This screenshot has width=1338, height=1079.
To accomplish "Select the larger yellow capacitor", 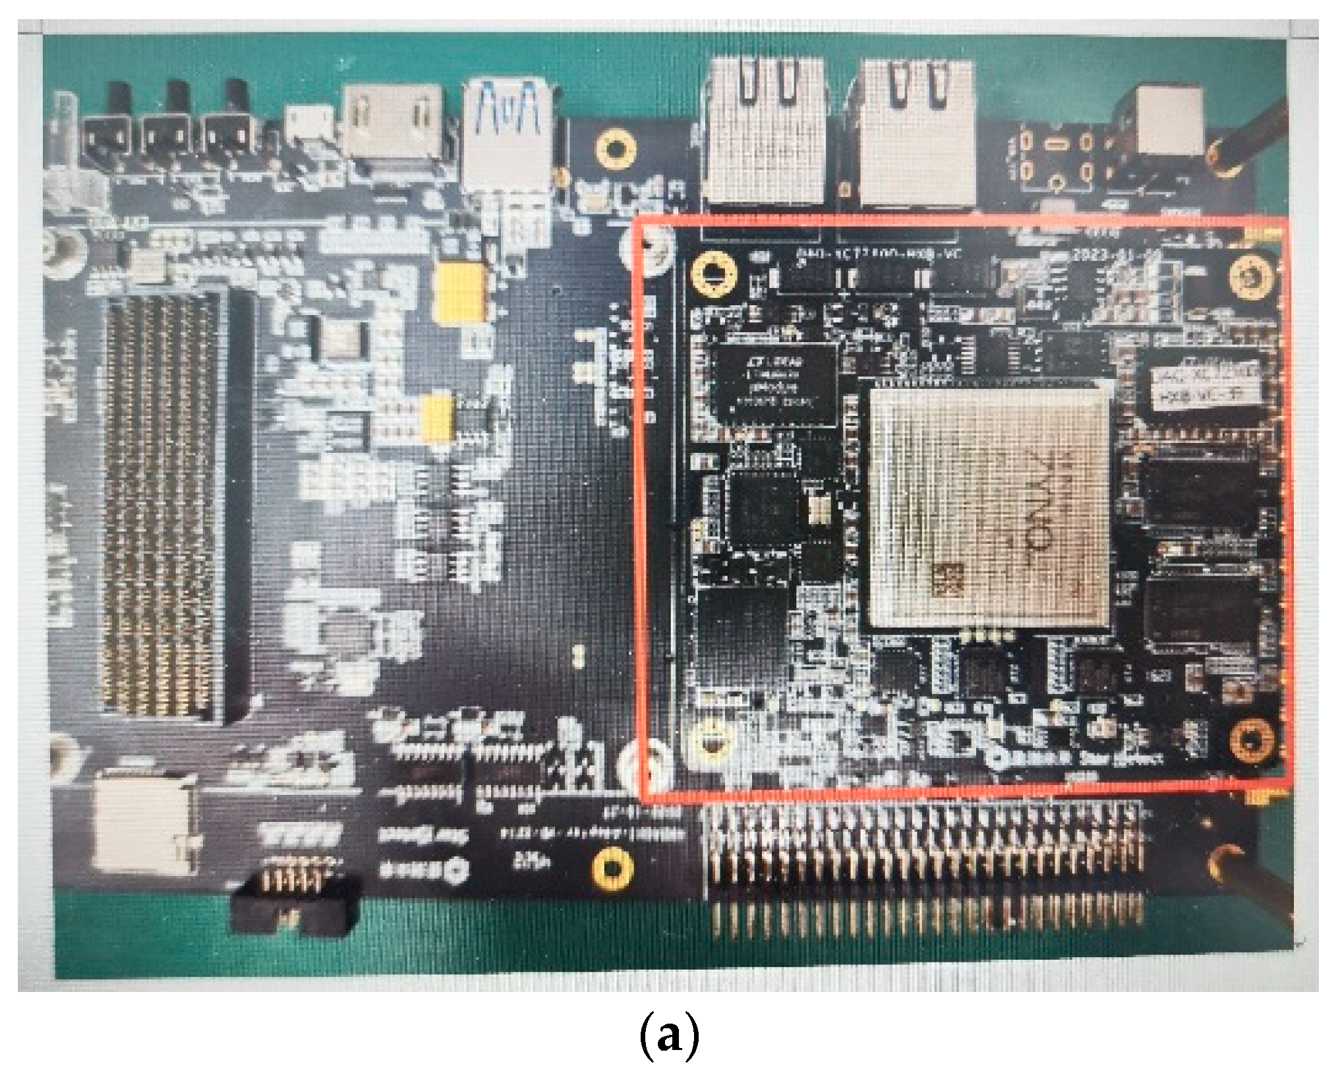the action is [x=460, y=291].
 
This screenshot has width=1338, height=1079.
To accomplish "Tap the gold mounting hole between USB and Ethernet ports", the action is [x=615, y=148].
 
